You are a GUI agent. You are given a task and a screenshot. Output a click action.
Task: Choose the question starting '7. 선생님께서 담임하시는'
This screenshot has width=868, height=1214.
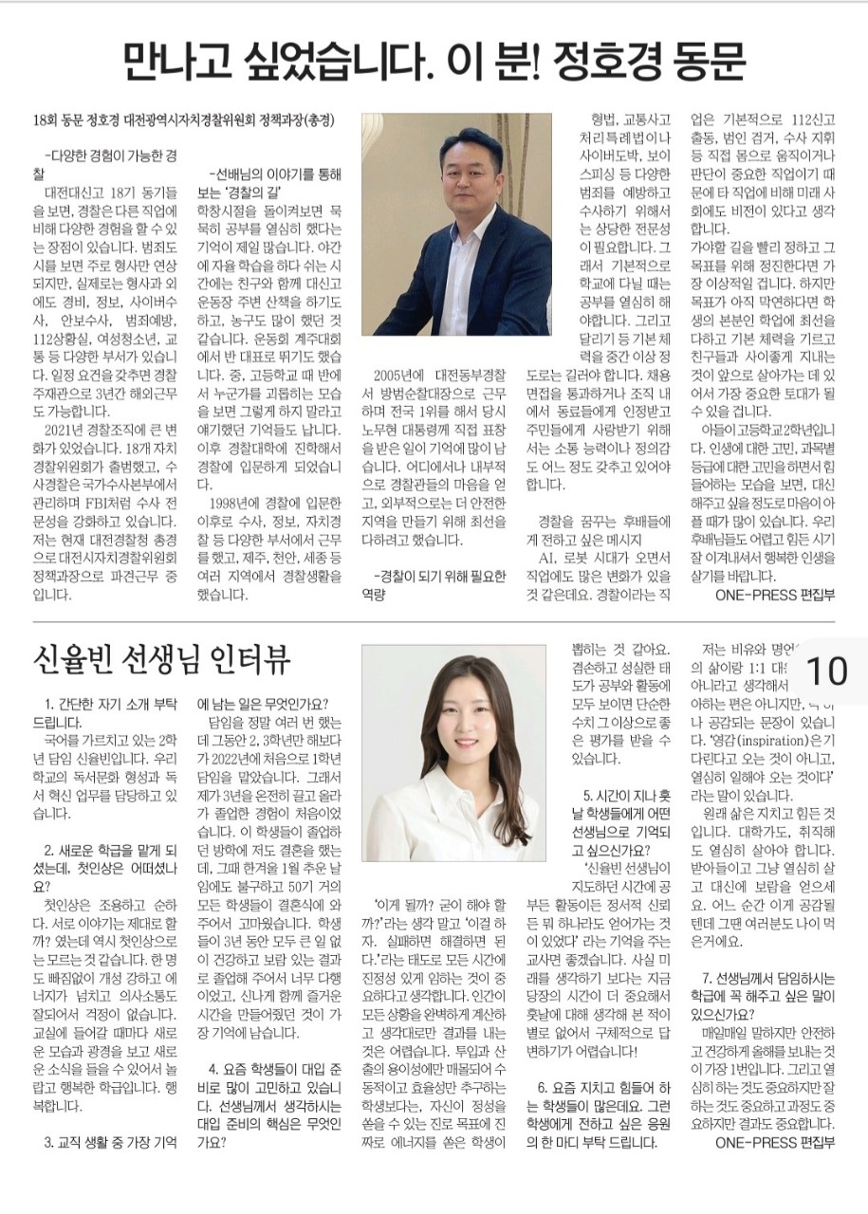[x=768, y=985]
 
